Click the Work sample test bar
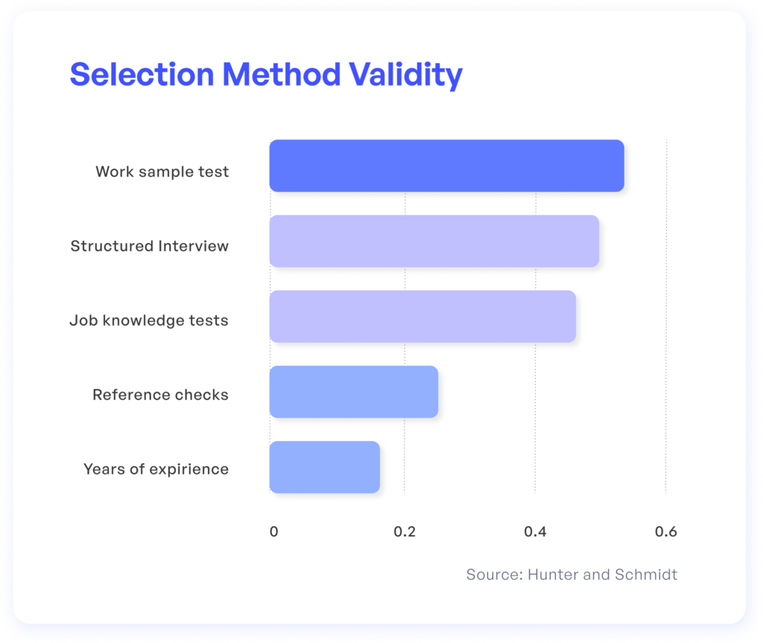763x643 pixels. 447,165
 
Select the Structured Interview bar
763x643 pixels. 434,241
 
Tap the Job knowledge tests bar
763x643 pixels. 423,317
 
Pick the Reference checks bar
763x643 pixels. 354,392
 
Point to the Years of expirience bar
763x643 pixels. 325,467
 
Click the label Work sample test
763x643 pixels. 162,172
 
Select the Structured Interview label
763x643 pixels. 149,246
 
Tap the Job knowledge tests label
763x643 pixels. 149,321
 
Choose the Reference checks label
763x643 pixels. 160,395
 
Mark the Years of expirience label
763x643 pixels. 156,469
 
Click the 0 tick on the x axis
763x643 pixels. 274,531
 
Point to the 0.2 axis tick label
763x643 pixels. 405,531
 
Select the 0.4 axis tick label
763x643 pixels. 535,531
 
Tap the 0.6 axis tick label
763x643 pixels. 666,531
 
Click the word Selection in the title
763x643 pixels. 142,75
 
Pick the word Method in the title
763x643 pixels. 281,75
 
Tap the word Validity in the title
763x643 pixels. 406,76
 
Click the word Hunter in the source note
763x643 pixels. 554,575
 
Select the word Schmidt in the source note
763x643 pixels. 646,575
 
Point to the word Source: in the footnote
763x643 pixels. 495,575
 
